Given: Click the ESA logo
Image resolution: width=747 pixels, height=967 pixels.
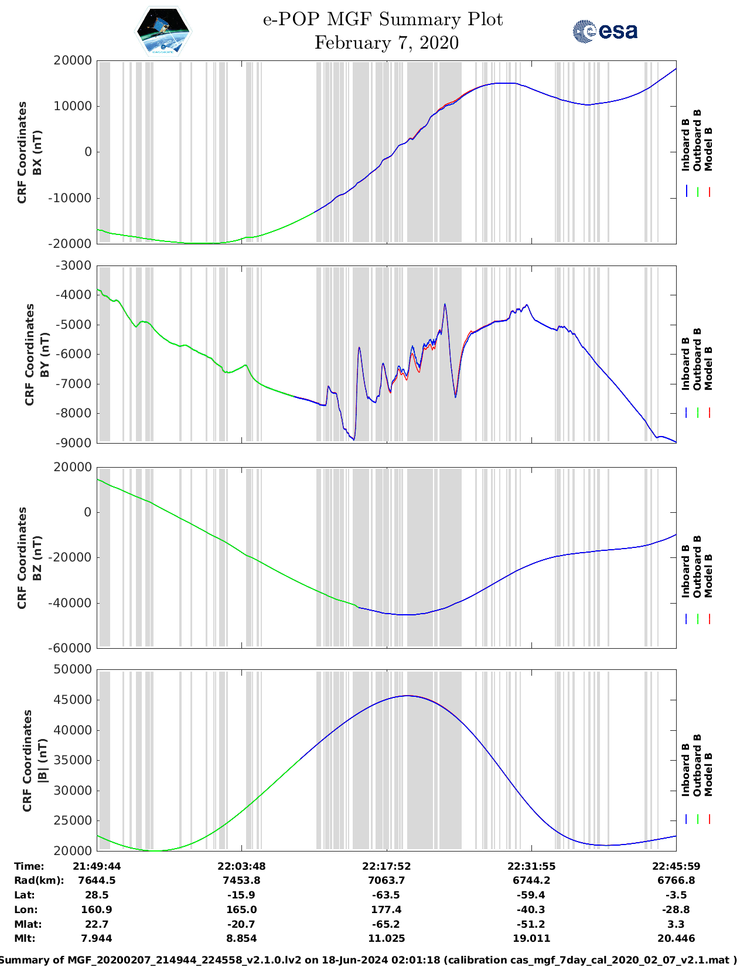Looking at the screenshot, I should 605,31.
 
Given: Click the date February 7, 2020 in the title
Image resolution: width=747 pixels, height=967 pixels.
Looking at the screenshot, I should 386,43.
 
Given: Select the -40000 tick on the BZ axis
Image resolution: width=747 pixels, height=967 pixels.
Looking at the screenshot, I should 71,602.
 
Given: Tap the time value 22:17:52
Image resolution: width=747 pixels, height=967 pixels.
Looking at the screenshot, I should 386,866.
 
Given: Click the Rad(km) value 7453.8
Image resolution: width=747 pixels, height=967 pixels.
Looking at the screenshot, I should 241,880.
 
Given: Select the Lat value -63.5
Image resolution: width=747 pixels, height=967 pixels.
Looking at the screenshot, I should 386,895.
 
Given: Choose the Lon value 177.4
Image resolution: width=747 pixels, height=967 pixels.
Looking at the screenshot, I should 386,910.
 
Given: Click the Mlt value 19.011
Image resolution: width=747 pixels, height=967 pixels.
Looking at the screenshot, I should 531,938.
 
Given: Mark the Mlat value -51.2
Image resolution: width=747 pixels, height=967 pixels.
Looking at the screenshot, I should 531,924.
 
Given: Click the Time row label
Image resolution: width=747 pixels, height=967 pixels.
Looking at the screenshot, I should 29,866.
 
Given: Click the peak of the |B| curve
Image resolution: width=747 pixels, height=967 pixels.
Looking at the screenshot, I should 407,696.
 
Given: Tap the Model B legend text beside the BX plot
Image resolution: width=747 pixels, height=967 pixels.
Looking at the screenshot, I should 708,149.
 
